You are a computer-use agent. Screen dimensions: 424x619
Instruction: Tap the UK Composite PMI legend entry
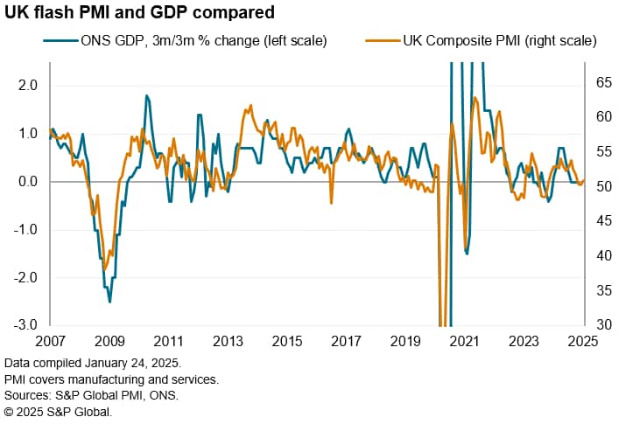[490, 40]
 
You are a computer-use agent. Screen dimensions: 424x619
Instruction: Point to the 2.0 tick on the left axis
[27, 86]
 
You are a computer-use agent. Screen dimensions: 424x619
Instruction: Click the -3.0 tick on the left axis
[25, 325]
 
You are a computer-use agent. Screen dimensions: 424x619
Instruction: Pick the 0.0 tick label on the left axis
[27, 182]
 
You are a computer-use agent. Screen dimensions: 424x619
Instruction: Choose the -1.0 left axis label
[25, 230]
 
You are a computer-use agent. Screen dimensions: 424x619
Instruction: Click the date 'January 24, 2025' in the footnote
[145, 362]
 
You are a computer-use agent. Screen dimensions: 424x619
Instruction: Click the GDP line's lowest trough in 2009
[109, 302]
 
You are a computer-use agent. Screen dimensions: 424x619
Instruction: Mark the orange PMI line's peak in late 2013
[251, 106]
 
